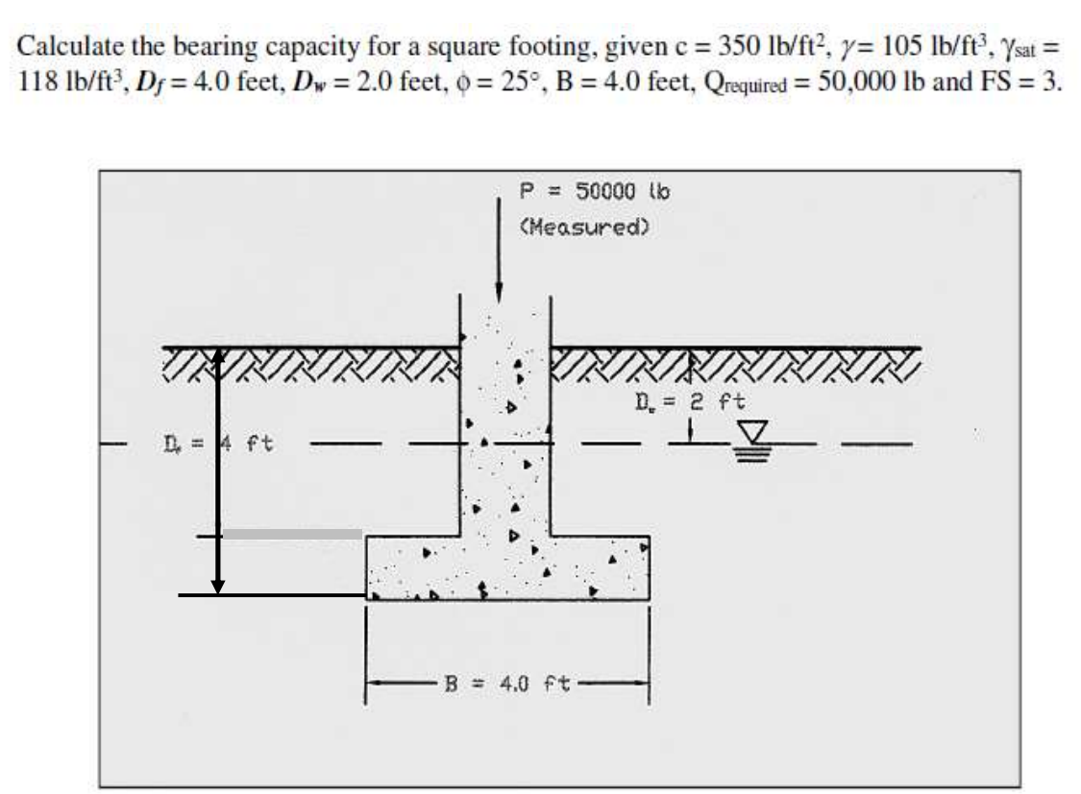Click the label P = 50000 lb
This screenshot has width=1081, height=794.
click(x=594, y=191)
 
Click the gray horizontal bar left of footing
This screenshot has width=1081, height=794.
click(x=293, y=534)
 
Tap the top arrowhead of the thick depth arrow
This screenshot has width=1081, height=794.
click(x=218, y=356)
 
